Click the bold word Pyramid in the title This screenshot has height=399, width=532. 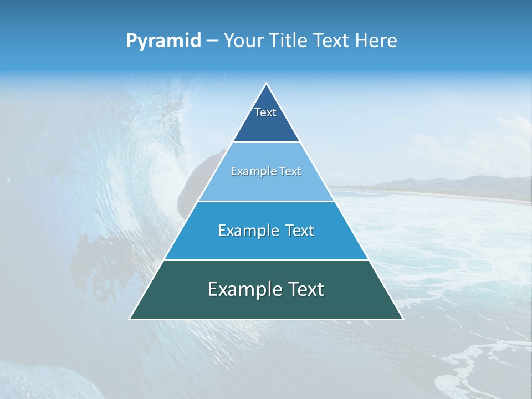pyautogui.click(x=163, y=41)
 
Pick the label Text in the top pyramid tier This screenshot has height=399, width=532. pyautogui.click(x=265, y=112)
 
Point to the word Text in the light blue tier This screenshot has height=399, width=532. pyautogui.click(x=288, y=172)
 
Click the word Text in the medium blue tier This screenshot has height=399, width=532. pyautogui.click(x=298, y=231)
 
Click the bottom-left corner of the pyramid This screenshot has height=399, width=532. pyautogui.click(x=130, y=319)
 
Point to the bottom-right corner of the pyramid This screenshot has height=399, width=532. pyautogui.click(x=403, y=319)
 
